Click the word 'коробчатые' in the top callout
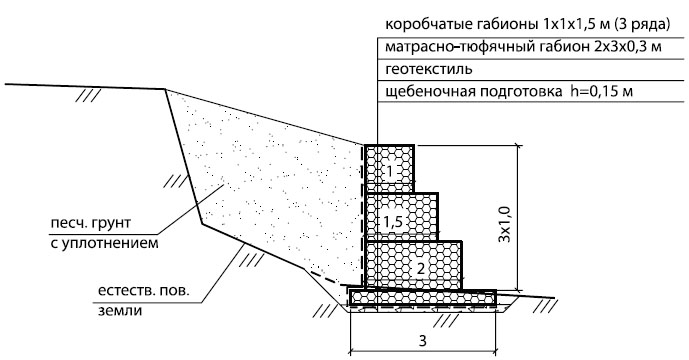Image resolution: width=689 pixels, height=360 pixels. [424, 25]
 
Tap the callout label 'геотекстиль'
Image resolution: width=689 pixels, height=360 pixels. [429, 69]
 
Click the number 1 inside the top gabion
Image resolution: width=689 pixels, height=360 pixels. [390, 171]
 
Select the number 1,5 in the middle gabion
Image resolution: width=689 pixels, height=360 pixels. [393, 222]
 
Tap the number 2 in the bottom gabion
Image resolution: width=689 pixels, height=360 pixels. [421, 268]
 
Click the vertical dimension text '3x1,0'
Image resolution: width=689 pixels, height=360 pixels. [504, 224]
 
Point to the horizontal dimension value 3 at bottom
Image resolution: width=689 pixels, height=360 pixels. [422, 341]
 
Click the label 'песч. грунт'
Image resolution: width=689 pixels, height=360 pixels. [91, 223]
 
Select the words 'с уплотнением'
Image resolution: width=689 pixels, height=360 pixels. [104, 244]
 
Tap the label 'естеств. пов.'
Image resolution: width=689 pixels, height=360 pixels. [143, 291]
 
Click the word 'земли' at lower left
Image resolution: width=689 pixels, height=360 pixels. [120, 311]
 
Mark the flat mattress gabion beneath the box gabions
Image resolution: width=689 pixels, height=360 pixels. [422, 298]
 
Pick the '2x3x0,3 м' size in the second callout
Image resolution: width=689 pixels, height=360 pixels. [627, 47]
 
